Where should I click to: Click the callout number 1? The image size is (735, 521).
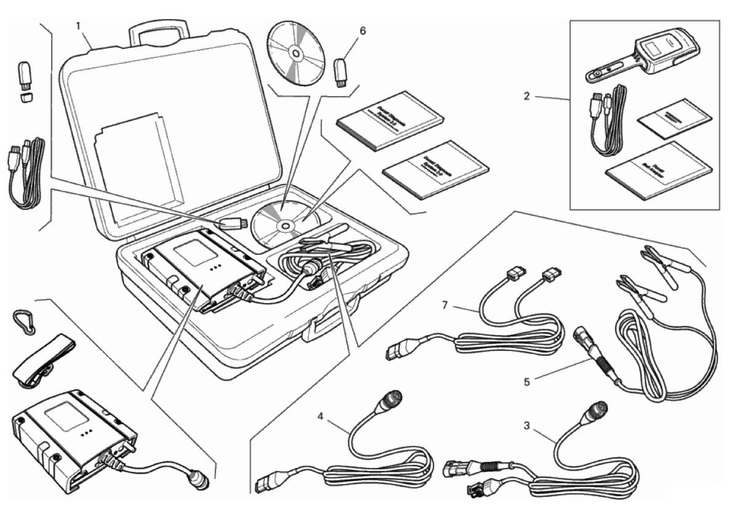78,26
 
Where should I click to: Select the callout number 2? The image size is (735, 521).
526,96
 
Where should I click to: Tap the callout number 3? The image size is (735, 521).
527,426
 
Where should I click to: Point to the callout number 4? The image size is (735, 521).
321,416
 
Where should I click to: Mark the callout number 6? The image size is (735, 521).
363,31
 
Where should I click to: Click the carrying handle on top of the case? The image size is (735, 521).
158,32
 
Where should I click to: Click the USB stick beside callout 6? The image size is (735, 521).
340,72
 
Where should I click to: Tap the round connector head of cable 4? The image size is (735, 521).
391,398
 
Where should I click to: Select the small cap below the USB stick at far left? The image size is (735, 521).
26,97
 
